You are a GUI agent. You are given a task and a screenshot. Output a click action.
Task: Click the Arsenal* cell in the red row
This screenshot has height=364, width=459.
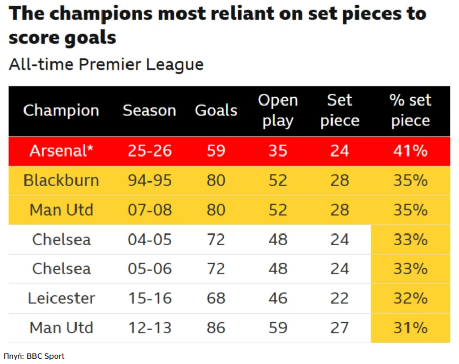tap(61, 151)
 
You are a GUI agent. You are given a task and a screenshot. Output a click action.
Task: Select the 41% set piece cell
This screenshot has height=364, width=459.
tap(410, 151)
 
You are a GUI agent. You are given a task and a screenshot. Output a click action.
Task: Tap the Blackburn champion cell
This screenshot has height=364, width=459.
tap(61, 180)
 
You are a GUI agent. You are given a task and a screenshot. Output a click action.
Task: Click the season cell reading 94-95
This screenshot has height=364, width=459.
tap(150, 180)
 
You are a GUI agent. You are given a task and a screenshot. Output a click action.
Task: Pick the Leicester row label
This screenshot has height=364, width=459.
tap(61, 298)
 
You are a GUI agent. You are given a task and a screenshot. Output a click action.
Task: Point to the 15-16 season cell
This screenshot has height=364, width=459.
tap(150, 298)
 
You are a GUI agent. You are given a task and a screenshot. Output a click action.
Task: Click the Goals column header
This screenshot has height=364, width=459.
tap(216, 111)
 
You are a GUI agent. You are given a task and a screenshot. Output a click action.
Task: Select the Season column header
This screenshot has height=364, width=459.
tap(149, 111)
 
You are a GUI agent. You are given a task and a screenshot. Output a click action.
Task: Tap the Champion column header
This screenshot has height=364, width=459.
tap(61, 111)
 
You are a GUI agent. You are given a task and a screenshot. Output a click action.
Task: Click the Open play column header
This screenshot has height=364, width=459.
tap(278, 111)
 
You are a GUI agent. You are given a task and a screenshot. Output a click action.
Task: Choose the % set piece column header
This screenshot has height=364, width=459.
tap(410, 111)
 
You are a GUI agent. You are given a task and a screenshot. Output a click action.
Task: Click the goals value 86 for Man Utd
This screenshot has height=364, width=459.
tap(216, 328)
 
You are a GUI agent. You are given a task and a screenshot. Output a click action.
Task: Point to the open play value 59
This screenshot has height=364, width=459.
tap(278, 328)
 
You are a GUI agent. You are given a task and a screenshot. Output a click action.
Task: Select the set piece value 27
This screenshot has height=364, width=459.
tap(339, 328)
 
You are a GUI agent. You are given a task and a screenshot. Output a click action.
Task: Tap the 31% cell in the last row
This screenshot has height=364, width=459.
tap(410, 328)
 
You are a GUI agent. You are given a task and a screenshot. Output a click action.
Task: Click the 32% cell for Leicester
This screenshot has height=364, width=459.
tap(410, 298)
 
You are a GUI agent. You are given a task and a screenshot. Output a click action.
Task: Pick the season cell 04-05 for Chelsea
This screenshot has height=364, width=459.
tap(150, 240)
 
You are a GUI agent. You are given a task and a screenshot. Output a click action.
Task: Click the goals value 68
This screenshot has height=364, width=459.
tap(216, 298)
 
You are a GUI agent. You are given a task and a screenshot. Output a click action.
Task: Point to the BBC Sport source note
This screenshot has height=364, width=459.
tap(34, 356)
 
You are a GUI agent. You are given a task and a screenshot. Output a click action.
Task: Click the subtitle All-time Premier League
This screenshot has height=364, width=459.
tap(106, 65)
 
